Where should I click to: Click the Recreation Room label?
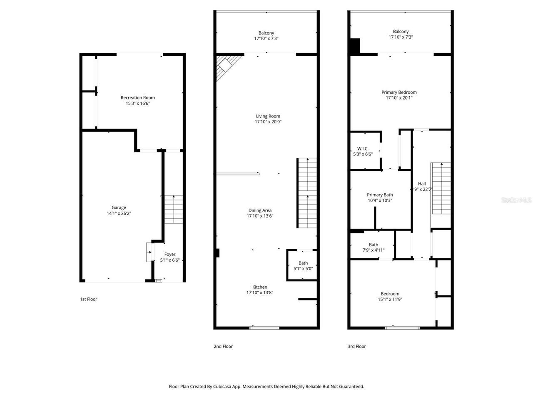(x=137, y=97)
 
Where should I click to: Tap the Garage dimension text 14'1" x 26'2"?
(x=119, y=213)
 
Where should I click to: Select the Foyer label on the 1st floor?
(x=170, y=254)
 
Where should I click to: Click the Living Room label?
(x=268, y=116)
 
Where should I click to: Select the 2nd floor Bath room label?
(x=303, y=263)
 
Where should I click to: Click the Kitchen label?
(x=260, y=287)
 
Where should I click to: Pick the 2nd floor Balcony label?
(x=266, y=33)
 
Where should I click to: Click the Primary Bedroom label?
(x=399, y=92)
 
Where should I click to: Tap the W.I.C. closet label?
(x=363, y=149)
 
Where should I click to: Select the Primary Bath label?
(x=380, y=195)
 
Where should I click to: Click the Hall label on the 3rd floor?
(x=422, y=184)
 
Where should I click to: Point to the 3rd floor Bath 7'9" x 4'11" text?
(x=373, y=250)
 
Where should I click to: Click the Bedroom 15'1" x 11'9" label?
(x=390, y=294)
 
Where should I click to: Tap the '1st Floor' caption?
(x=89, y=299)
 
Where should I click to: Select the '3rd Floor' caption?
(x=357, y=346)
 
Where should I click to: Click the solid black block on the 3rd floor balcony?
(x=355, y=46)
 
